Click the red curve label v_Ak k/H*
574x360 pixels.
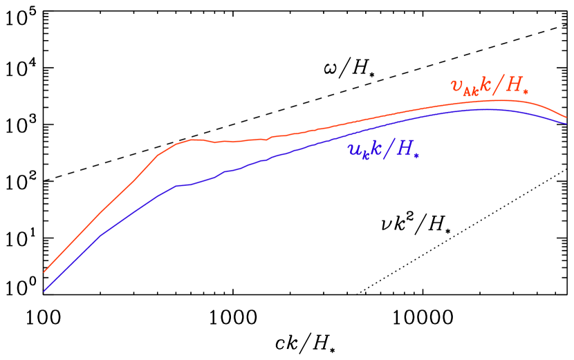pyautogui.click(x=494, y=85)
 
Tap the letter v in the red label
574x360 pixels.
pyautogui.click(x=456, y=85)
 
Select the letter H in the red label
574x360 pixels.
pyautogui.click(x=516, y=84)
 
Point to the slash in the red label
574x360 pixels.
pyautogui.click(x=500, y=84)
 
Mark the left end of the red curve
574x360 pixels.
pyautogui.click(x=44, y=272)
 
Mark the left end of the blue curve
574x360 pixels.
pyautogui.click(x=44, y=290)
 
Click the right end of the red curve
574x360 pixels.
pyautogui.click(x=566, y=117)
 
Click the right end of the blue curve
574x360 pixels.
pyautogui.click(x=566, y=124)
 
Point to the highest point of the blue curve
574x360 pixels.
pyautogui.click(x=488, y=109)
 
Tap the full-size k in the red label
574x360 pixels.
pyautogui.click(x=487, y=84)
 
